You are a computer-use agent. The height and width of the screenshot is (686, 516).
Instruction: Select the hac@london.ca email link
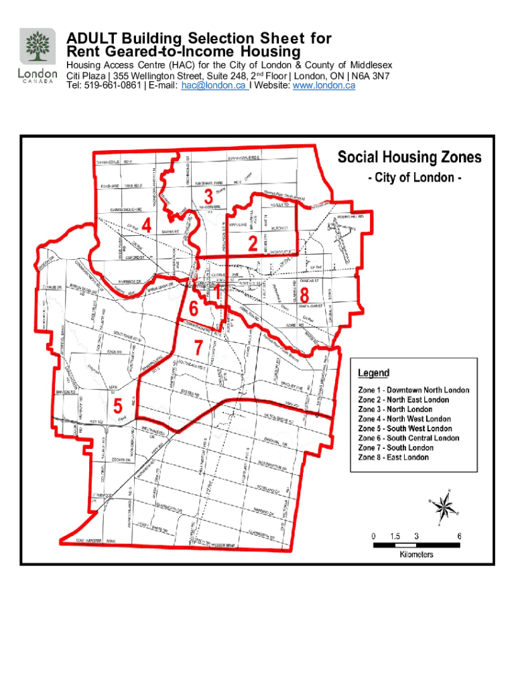pos(214,86)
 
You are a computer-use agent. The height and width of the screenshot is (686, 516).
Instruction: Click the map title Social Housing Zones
pos(409,157)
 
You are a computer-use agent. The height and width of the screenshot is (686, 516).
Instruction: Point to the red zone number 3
pos(208,196)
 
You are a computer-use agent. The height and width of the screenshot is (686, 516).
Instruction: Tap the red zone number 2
pos(252,245)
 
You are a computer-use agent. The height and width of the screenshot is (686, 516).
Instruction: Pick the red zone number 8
pos(304,295)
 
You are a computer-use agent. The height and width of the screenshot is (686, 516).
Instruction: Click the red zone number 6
pos(194,309)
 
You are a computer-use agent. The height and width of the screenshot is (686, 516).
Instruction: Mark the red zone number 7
pos(198,348)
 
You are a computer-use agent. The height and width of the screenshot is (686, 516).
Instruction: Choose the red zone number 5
pos(118,406)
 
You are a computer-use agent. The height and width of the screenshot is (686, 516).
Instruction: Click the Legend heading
pos(373,373)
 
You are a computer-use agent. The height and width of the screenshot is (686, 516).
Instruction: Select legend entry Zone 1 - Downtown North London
pos(413,390)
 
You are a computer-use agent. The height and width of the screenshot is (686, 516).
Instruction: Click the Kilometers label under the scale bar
pos(416,555)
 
